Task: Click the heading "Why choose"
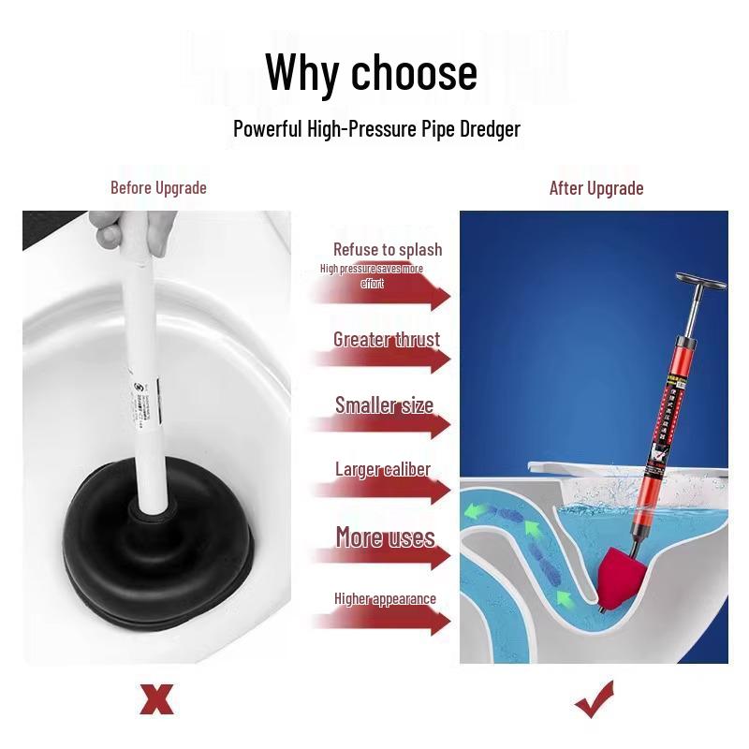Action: [371, 72]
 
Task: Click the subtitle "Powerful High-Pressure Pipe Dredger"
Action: [376, 129]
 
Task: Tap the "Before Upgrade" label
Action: [158, 188]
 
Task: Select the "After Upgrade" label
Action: [596, 188]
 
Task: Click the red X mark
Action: [156, 698]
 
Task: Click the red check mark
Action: [595, 698]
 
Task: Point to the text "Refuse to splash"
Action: [388, 249]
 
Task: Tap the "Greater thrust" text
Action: [387, 339]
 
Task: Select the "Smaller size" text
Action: [385, 405]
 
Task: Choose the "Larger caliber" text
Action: [383, 469]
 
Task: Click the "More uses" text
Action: [385, 537]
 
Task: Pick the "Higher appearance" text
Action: [385, 599]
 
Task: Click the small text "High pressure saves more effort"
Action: [372, 275]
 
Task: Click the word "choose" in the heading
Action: [413, 72]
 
